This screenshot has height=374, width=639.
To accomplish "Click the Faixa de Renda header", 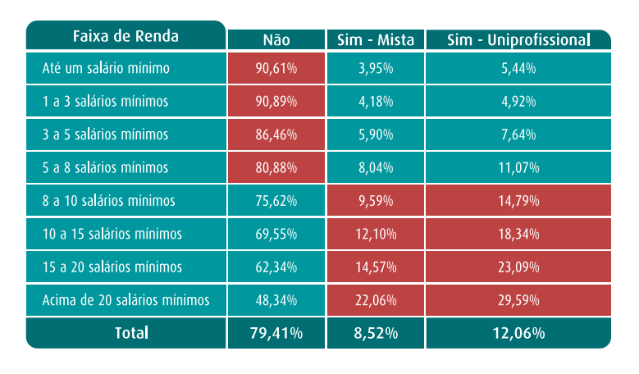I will tap(126, 36).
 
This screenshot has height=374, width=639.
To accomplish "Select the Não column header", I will tap(276, 40).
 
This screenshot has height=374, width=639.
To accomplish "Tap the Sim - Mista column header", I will tap(376, 40).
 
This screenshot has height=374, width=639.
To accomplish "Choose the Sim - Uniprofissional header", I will tap(518, 40).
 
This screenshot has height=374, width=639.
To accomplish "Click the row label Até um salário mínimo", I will tap(106, 68).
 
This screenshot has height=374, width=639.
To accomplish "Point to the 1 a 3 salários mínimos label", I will tap(105, 102).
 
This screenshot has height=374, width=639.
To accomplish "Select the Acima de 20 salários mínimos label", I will tap(126, 301).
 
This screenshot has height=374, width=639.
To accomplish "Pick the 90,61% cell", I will tap(276, 68).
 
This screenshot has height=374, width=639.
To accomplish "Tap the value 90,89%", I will tap(276, 102).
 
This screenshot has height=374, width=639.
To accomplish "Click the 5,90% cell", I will tap(377, 135).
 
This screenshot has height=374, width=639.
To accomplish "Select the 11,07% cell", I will tap(518, 168).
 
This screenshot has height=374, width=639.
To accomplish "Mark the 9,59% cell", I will tap(377, 201).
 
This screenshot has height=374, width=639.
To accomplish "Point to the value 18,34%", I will tap(518, 235).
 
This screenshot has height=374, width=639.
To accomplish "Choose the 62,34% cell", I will tap(276, 267).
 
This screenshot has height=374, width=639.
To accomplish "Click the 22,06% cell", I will tap(377, 301).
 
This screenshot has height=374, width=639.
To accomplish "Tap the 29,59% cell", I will tap(518, 301).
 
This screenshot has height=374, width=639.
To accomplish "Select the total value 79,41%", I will tap(276, 333).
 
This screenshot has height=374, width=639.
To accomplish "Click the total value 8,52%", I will tap(377, 333).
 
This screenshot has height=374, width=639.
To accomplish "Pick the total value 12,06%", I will tap(518, 333).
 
